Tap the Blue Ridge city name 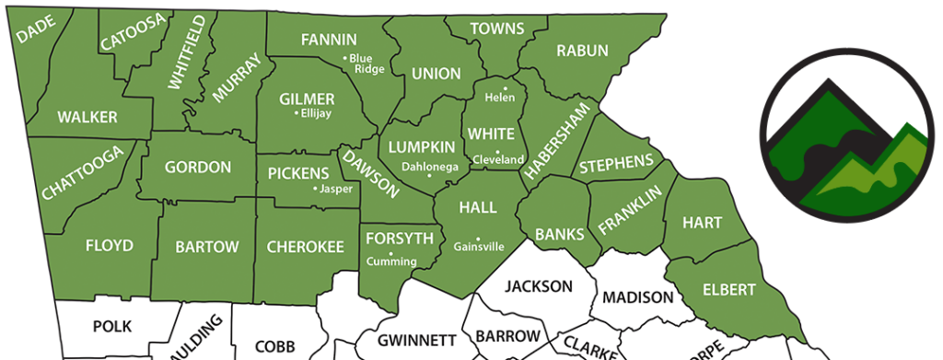point(367,64)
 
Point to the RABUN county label point(582,51)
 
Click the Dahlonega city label point(429,167)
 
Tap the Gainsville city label point(479,247)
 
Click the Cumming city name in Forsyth point(392,261)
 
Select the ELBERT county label point(728,289)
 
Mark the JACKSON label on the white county point(539,285)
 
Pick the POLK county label point(112,326)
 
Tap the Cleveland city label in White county point(497,159)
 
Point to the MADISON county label point(638,297)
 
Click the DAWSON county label point(370,174)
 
